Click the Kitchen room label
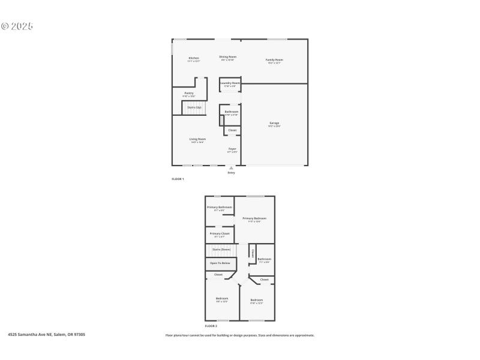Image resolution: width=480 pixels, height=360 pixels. pos(193,58)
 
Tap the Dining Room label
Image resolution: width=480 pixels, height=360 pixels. pos(228,57)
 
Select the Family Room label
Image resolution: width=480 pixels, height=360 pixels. pos(274,60)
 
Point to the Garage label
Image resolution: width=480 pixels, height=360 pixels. pos(274,123)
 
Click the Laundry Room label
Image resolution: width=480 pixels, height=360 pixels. pos(230,83)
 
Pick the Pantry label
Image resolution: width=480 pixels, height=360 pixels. pos(189,93)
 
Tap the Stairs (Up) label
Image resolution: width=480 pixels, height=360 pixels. pos(194,107)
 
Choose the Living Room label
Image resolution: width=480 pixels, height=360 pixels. pos(197,139)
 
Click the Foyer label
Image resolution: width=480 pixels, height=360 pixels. pos(232,149)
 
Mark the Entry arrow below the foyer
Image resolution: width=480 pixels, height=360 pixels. pos(231,169)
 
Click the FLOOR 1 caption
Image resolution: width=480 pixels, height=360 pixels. pos(178,179)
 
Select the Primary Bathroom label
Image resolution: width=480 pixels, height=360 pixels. pos(219,207)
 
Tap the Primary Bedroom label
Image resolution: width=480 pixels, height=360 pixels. pos(254,218)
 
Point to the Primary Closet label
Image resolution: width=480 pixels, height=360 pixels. pos(219,233)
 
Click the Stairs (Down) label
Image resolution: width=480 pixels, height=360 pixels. pos(221,250)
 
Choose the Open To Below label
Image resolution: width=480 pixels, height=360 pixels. pos(220,263)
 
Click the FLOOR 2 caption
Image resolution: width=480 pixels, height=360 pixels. pos(211,326)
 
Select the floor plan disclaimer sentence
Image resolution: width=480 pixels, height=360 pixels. pos(240,335)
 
